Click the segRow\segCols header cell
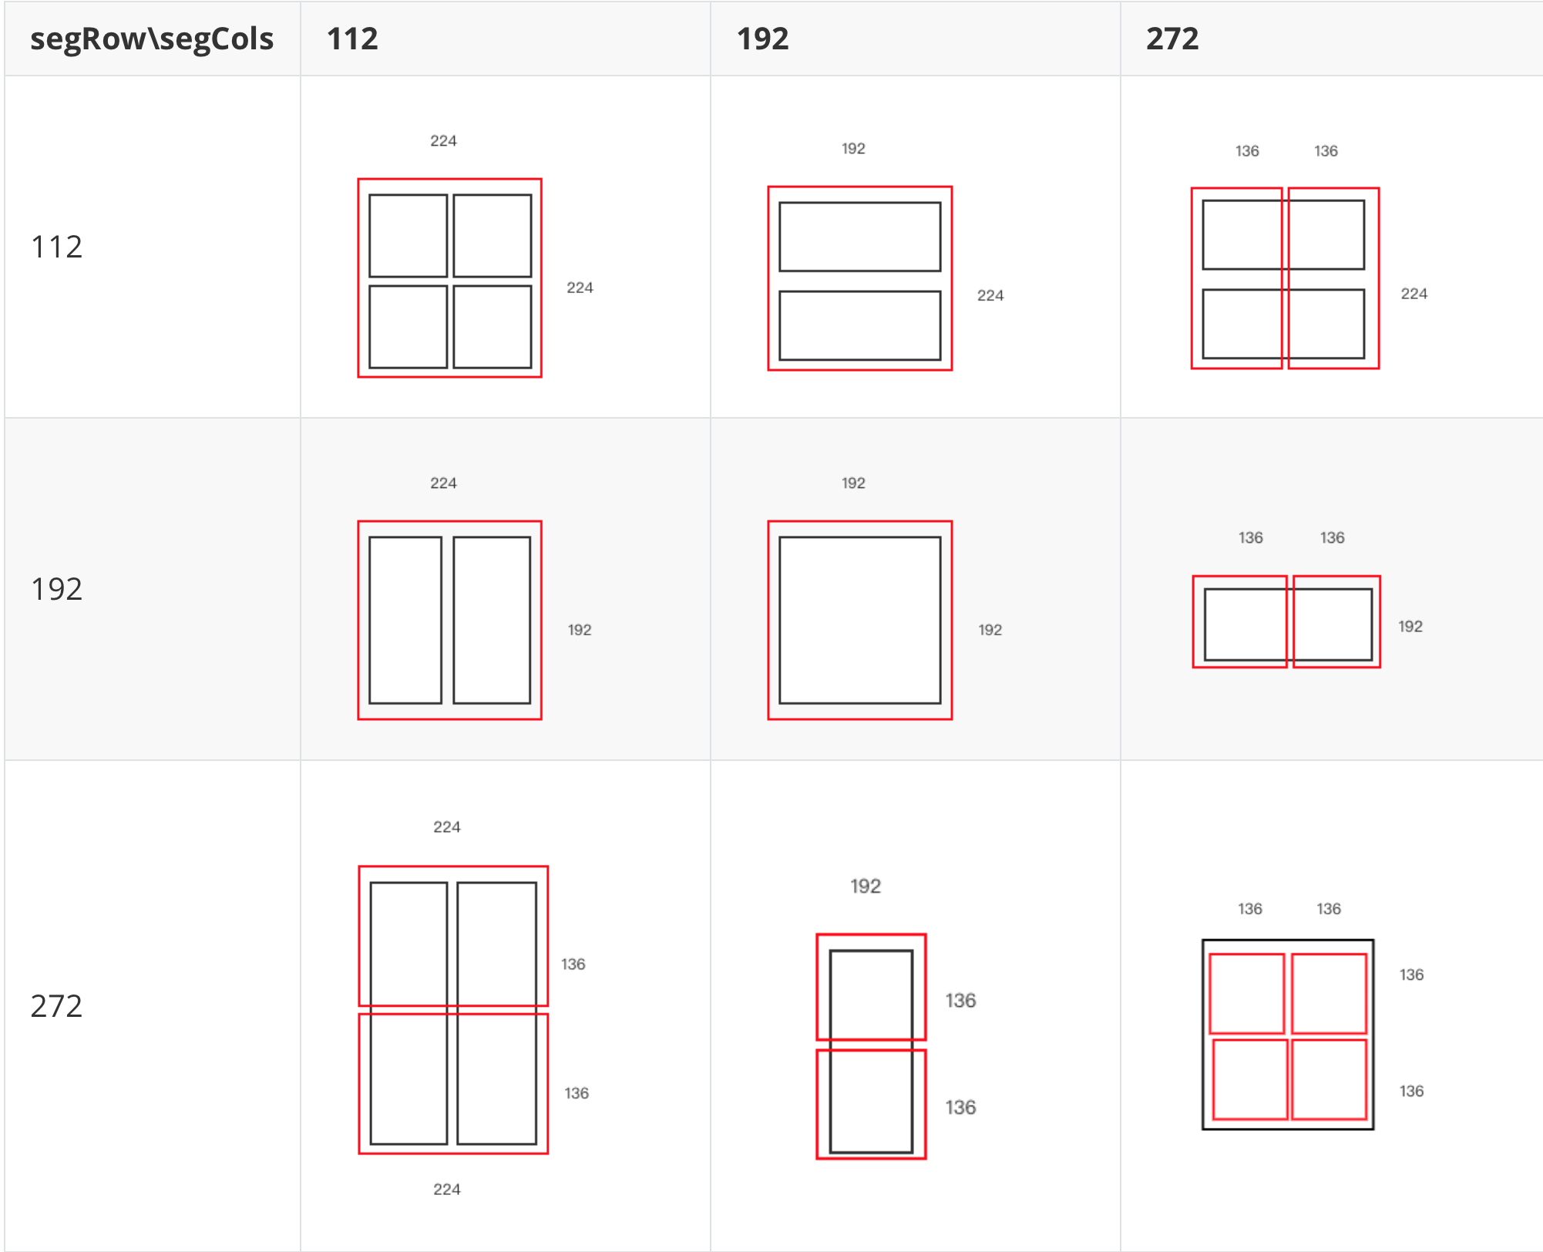[x=152, y=39]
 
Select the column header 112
[x=352, y=39]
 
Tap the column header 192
[x=762, y=39]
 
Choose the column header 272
[x=1172, y=39]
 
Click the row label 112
[x=56, y=247]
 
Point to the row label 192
[x=56, y=589]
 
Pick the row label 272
[x=56, y=1006]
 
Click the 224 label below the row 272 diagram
[x=447, y=1189]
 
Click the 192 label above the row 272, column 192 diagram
[x=866, y=886]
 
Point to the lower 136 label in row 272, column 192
[x=960, y=1107]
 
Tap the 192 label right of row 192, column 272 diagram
[x=1410, y=626]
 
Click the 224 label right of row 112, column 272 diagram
[x=1414, y=293]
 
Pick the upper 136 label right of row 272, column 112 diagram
[x=573, y=964]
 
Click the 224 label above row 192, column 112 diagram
[x=443, y=483]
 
